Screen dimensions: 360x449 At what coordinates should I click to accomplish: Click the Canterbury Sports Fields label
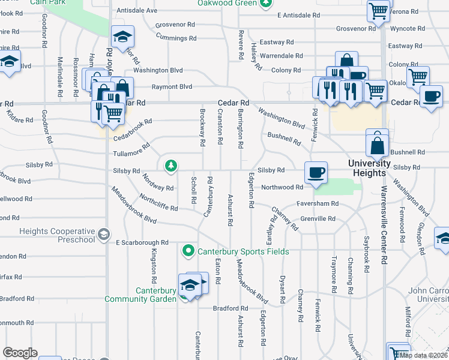pos(244,251)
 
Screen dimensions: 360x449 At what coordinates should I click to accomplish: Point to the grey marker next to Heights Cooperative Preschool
pos(104,233)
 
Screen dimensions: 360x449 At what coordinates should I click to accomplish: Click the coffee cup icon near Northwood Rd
pos(316,173)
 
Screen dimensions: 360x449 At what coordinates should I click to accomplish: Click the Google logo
pos(19,352)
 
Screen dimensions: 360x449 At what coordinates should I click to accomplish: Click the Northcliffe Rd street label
pos(158,203)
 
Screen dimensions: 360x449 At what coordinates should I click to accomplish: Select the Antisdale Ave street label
pos(137,10)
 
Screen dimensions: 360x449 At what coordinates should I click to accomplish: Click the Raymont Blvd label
pos(172,86)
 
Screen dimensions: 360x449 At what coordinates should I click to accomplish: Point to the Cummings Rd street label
pos(176,38)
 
